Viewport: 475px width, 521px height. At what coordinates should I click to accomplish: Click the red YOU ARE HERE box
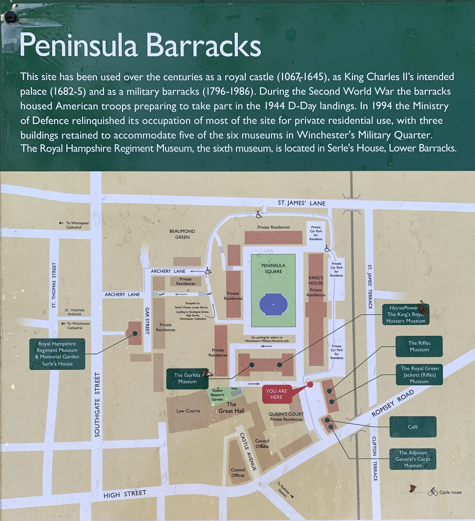(x=276, y=394)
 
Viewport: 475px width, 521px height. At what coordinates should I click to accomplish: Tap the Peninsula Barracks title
(x=140, y=45)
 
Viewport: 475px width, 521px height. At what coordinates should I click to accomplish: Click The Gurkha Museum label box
(x=187, y=378)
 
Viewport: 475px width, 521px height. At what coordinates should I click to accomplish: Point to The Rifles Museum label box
(x=419, y=346)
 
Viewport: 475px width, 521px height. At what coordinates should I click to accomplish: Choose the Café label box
(x=413, y=427)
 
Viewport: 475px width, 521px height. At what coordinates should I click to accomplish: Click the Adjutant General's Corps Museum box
(x=413, y=459)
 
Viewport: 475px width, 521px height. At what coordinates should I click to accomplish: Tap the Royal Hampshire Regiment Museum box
(x=57, y=354)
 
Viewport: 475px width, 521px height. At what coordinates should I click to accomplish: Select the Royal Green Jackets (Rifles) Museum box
(x=419, y=375)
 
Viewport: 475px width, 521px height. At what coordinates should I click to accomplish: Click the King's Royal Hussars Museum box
(x=406, y=314)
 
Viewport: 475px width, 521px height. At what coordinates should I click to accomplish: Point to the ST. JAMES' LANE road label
(x=302, y=203)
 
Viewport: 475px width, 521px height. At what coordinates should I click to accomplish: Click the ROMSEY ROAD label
(x=392, y=403)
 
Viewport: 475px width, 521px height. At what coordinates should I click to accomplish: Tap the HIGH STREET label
(x=125, y=494)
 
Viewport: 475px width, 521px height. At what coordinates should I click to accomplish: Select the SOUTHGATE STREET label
(x=97, y=404)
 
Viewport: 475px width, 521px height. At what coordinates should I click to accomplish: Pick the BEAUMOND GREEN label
(x=182, y=234)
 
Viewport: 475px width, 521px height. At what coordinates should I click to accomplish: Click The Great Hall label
(x=231, y=408)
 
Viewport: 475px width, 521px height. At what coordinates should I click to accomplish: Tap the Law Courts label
(x=188, y=411)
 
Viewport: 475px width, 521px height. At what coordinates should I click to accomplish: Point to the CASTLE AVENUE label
(x=248, y=451)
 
